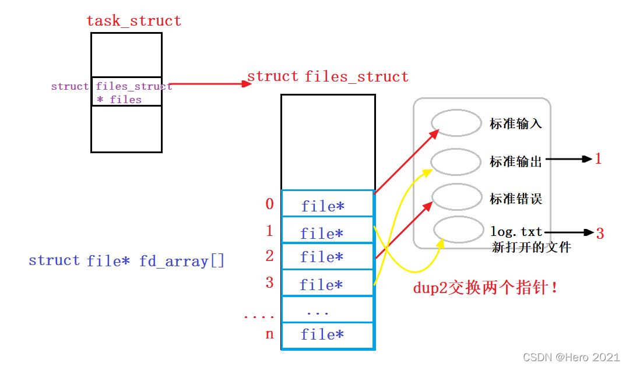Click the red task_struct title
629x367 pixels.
tap(133, 21)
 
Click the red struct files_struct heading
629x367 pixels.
tap(328, 77)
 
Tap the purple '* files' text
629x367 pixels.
tap(119, 100)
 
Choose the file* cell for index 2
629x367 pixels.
tap(326, 257)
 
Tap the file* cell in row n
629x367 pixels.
tap(326, 334)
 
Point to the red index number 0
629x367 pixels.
tap(269, 204)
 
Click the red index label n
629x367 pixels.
tap(269, 334)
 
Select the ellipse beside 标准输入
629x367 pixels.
tap(456, 122)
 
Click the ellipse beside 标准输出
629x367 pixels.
tap(456, 161)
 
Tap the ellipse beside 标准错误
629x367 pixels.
tap(456, 197)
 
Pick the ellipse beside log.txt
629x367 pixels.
tap(459, 231)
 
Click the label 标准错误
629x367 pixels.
tap(516, 199)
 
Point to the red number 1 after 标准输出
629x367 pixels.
tap(598, 159)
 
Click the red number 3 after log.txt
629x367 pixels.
tap(600, 234)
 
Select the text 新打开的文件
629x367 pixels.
tap(531, 248)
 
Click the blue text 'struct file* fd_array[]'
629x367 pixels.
tap(126, 260)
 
